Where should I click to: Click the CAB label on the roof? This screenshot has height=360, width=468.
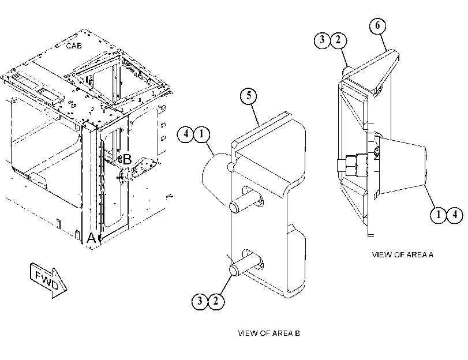[74, 46]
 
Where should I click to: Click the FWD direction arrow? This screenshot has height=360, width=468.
[48, 280]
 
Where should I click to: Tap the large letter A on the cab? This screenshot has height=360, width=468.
[91, 238]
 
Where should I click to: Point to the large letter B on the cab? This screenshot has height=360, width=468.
[127, 159]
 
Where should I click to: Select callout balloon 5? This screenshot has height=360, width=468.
[249, 96]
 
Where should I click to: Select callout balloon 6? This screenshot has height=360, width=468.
[377, 25]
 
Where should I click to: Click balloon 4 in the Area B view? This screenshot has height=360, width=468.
[186, 134]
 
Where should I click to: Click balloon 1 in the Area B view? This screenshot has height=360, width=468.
[202, 134]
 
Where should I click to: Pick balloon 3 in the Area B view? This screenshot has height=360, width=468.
[200, 301]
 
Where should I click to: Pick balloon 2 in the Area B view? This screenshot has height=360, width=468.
[216, 301]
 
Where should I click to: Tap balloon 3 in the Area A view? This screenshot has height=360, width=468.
[322, 40]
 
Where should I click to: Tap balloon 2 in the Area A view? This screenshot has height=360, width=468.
[339, 40]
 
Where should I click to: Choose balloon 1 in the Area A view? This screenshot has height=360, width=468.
[439, 215]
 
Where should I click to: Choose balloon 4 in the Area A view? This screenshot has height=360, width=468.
[455, 215]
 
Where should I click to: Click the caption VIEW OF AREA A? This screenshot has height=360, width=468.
[402, 254]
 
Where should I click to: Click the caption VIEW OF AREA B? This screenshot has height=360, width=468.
[268, 333]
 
